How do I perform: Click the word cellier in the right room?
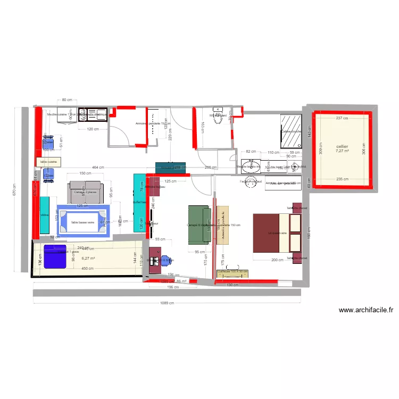[x=342, y=146]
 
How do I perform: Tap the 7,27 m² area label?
[x=342, y=151]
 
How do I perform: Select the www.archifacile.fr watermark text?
[x=365, y=310]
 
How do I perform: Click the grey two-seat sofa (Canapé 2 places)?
[x=85, y=192]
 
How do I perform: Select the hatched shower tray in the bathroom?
[x=291, y=131]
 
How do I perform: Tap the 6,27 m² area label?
[x=88, y=259]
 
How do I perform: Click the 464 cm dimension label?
[x=97, y=168]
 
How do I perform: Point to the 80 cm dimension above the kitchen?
[x=67, y=100]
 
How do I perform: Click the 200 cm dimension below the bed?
[x=277, y=260]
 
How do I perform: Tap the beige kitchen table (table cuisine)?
[x=48, y=162]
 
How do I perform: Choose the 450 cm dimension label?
[x=88, y=268]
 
